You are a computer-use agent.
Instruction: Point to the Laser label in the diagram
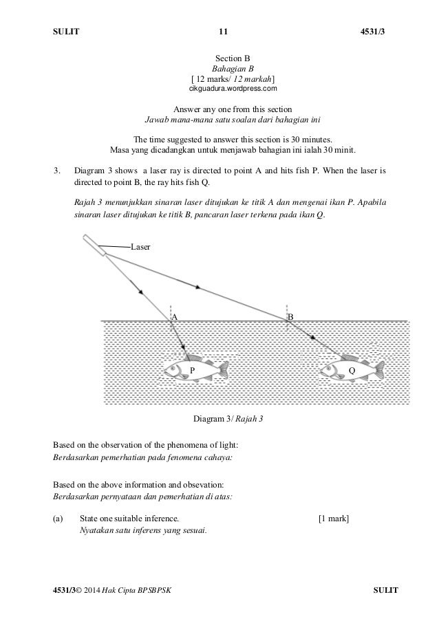(140, 246)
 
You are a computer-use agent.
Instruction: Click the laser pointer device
(94, 246)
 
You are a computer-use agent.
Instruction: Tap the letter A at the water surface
(175, 317)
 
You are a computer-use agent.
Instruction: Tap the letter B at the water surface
(290, 317)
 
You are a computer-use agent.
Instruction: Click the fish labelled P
(195, 370)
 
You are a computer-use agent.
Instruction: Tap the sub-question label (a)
(58, 518)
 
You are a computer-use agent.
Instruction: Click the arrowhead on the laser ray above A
(140, 292)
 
